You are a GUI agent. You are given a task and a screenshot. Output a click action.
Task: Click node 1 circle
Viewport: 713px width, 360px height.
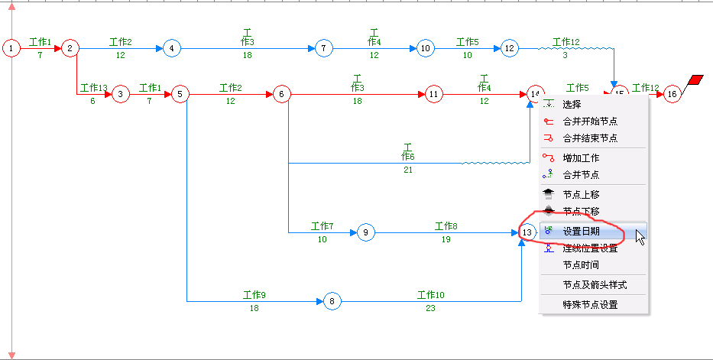click(11, 49)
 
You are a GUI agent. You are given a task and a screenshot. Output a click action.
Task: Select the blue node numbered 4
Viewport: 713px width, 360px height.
click(171, 49)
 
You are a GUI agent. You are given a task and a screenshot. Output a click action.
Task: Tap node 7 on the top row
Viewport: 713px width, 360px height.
click(324, 49)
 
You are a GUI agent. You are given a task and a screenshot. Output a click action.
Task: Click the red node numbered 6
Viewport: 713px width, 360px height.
click(281, 94)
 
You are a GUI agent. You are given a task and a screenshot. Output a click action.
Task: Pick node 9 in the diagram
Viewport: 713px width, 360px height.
click(366, 232)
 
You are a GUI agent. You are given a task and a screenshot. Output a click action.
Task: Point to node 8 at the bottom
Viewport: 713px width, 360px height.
click(332, 301)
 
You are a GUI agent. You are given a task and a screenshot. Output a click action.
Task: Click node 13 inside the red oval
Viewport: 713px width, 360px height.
click(527, 232)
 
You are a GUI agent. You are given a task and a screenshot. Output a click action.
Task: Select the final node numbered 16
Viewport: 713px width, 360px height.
click(672, 94)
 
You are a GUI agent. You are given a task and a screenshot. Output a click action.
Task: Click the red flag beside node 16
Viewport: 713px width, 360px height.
click(696, 80)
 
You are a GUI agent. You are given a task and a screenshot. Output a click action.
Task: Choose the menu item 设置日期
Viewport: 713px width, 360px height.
click(582, 232)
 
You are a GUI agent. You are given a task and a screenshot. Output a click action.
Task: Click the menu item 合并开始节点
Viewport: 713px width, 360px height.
click(590, 121)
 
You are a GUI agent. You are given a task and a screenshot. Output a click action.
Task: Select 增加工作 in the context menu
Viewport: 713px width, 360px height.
click(581, 157)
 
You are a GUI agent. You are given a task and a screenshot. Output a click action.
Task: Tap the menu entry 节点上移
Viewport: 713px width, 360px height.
click(581, 194)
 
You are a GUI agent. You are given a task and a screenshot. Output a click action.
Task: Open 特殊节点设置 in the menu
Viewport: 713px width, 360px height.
click(590, 304)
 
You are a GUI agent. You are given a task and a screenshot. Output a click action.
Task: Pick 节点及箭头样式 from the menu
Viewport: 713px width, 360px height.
click(595, 284)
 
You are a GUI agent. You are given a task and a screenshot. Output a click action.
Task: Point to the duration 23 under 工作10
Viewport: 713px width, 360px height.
click(431, 308)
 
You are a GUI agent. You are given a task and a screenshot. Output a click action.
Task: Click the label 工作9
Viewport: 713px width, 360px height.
click(254, 295)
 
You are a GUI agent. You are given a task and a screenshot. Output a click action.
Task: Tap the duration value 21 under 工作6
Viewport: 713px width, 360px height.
click(407, 170)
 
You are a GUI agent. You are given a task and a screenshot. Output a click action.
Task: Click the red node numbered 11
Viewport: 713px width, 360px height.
click(434, 94)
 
